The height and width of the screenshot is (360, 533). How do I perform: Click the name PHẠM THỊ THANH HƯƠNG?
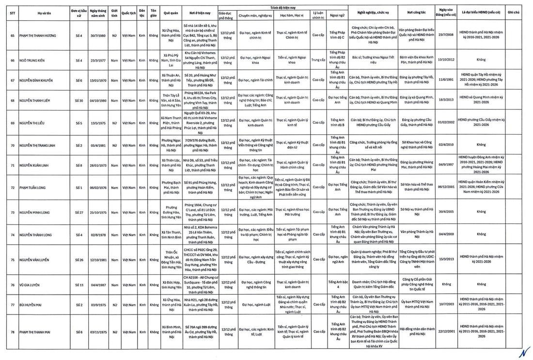[x=38, y=35]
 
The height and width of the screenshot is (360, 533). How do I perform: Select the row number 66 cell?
[x=13, y=61]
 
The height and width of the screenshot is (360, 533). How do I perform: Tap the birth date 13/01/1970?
[x=98, y=80]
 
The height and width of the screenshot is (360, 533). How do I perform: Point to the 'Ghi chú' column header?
[x=514, y=13]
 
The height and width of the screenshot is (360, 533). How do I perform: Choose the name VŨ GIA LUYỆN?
[x=30, y=285]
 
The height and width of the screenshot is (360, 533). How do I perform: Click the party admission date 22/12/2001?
[x=446, y=332]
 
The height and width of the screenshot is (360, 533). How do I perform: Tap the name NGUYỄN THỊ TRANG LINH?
[x=37, y=145]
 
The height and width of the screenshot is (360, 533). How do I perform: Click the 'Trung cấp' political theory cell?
[x=318, y=61]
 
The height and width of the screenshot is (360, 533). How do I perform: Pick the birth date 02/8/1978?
[x=98, y=235]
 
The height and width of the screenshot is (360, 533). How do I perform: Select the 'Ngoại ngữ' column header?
[x=338, y=15]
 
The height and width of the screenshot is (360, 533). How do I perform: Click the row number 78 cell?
[x=13, y=332]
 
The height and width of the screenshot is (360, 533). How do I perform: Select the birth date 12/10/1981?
[x=98, y=260]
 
